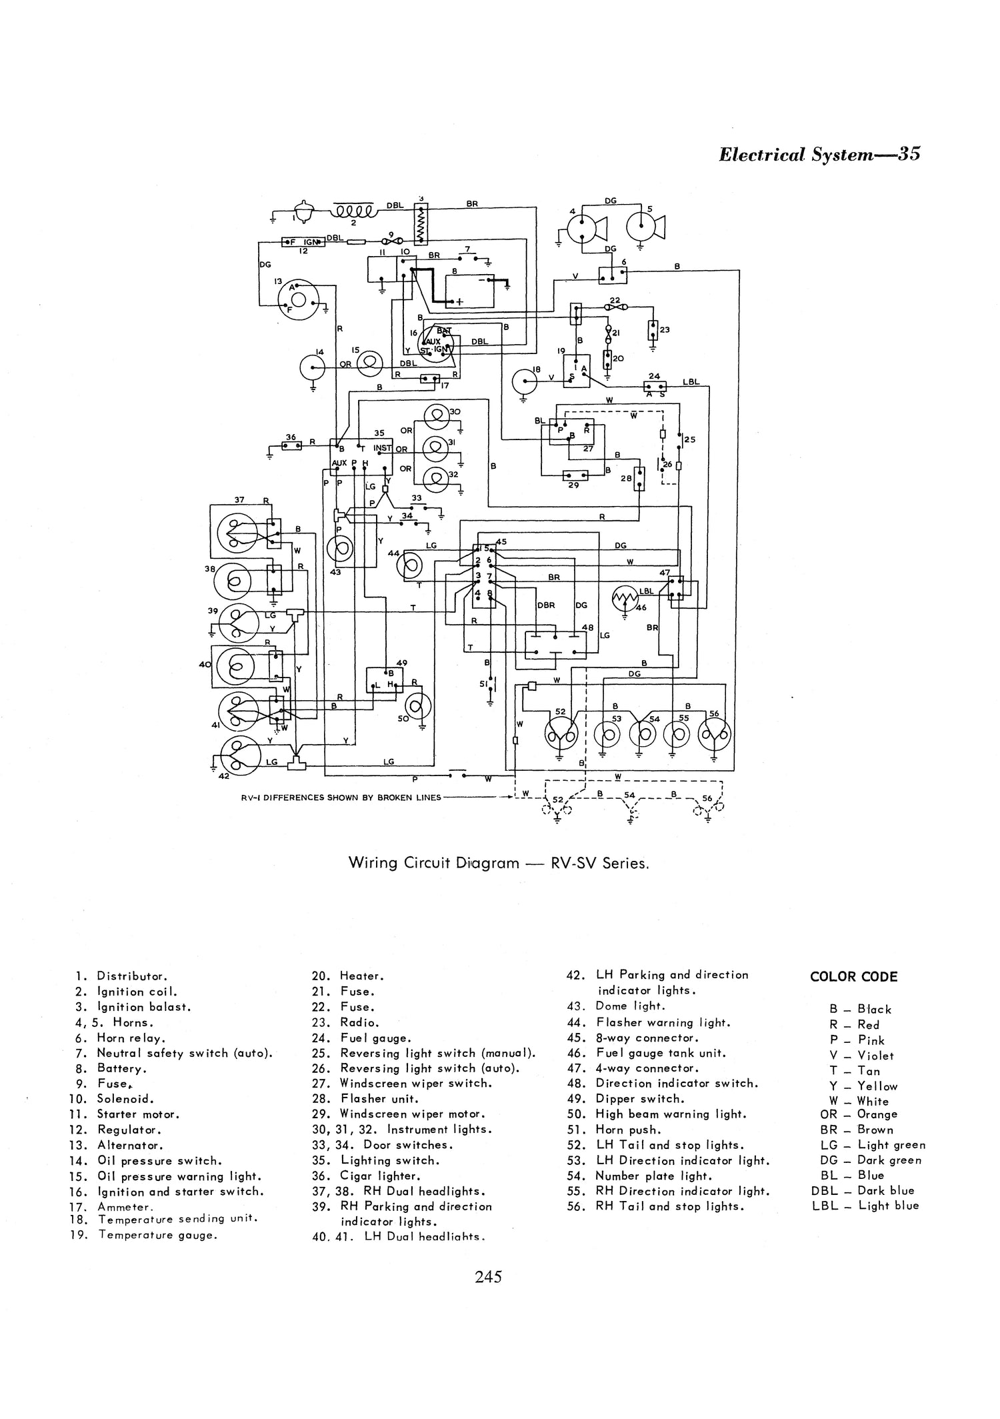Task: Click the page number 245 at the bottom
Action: click(x=488, y=1277)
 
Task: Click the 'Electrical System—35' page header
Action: click(x=819, y=155)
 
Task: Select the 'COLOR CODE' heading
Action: click(x=853, y=977)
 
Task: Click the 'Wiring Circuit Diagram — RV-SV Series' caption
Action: click(x=499, y=863)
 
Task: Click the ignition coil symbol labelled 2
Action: click(x=353, y=212)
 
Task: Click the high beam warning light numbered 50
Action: click(x=419, y=707)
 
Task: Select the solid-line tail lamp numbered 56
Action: click(x=714, y=735)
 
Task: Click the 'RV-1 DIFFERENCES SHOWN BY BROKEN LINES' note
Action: click(x=341, y=797)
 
